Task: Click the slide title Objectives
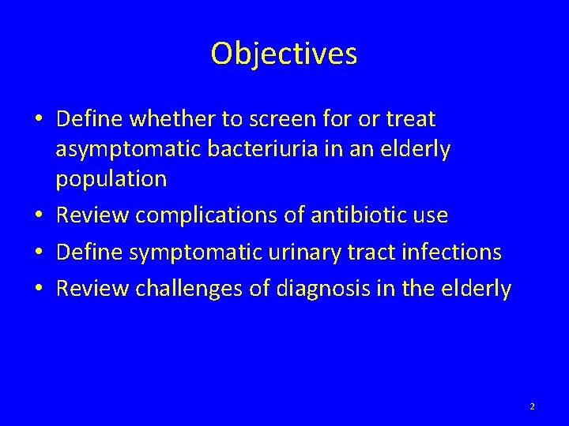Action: (284, 54)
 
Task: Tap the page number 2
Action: (532, 406)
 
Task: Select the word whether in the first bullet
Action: (182, 120)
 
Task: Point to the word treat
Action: (409, 120)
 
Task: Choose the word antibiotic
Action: (356, 215)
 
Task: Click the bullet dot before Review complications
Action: (39, 215)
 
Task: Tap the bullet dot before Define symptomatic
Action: (39, 252)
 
